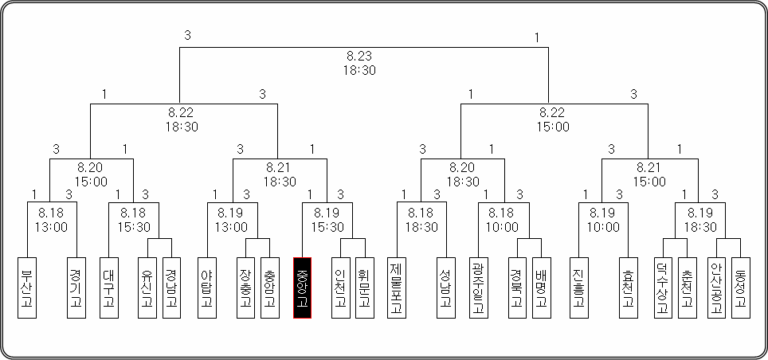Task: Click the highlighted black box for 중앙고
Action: (303, 288)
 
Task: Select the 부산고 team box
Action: (27, 288)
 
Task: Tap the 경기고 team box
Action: (76, 288)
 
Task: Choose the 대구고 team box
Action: (108, 288)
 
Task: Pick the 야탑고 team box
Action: (206, 288)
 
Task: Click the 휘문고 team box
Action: (365, 288)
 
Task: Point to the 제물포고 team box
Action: (396, 288)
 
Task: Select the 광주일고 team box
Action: (478, 288)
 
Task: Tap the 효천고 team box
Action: (628, 288)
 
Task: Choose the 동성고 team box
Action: (740, 288)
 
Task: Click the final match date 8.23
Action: (359, 57)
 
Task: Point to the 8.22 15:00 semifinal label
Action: (553, 119)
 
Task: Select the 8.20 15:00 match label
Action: (91, 174)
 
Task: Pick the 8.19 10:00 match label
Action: (603, 220)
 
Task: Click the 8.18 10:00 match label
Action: (501, 220)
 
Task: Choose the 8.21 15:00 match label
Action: (649, 174)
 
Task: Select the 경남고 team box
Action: (171, 288)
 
